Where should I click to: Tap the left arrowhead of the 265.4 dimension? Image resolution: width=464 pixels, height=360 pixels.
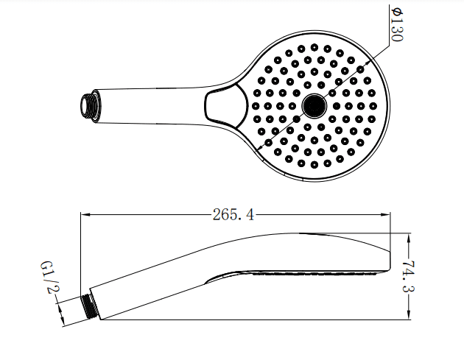click(83, 215)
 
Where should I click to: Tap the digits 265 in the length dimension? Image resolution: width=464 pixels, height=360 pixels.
click(223, 215)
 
